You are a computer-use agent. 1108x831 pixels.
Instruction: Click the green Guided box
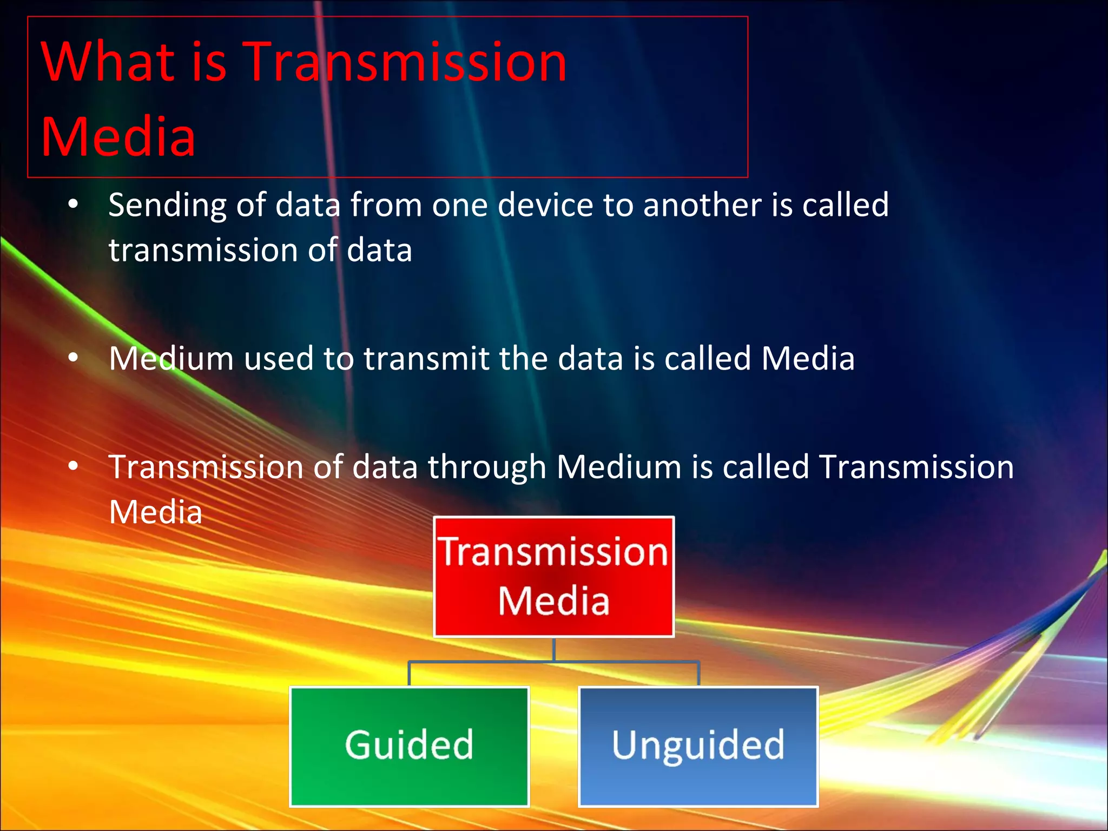[x=410, y=747]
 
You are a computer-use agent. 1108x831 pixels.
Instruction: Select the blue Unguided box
[x=698, y=747]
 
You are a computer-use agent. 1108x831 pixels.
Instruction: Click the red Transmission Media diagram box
[x=553, y=577]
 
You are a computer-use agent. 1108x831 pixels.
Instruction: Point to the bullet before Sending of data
[x=74, y=205]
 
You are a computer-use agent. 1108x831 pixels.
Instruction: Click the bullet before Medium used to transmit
[x=74, y=358]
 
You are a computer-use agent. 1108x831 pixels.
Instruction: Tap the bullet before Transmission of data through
[x=74, y=466]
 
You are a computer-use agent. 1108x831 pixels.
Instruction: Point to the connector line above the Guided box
[x=410, y=673]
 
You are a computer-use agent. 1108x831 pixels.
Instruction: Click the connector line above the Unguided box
[x=698, y=673]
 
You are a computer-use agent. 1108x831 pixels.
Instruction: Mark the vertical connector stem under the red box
[x=553, y=649]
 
